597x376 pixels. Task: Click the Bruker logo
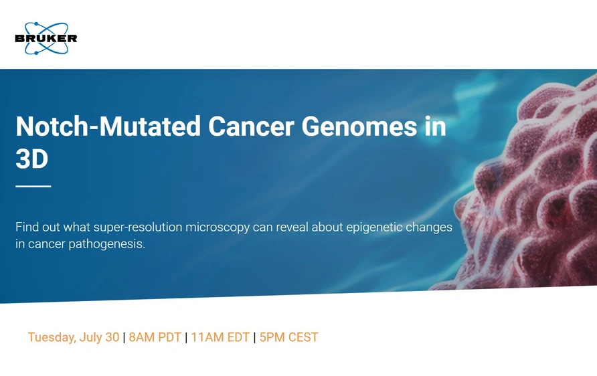[x=46, y=38]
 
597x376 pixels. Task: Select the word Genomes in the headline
[x=359, y=126]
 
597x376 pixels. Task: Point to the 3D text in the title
[x=32, y=159]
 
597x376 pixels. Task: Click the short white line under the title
[x=33, y=186]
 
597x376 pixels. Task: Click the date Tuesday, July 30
[x=73, y=337]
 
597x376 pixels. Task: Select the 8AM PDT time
[x=155, y=337]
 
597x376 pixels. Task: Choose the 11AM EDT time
[x=220, y=337]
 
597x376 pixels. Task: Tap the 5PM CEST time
[x=288, y=337]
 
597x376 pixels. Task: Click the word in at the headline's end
[x=435, y=126]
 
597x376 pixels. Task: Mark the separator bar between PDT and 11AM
[x=186, y=337]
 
